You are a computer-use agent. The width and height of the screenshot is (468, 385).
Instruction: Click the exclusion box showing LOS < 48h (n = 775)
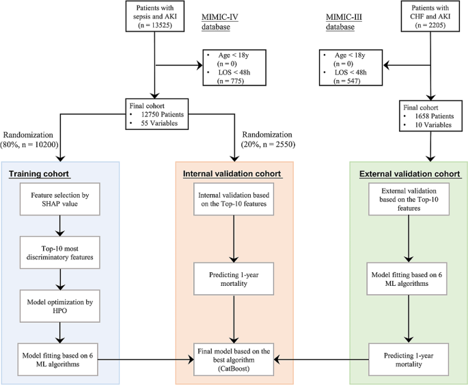coord(232,66)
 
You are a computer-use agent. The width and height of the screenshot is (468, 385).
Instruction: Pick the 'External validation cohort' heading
coord(408,174)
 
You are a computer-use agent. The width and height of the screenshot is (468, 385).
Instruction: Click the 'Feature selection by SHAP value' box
coord(61,199)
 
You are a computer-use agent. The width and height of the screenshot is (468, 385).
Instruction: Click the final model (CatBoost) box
coord(235,358)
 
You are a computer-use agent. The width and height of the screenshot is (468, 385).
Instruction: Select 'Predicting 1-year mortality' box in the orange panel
coord(235,276)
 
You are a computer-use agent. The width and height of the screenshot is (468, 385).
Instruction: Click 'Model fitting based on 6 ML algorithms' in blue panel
coord(61,358)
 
